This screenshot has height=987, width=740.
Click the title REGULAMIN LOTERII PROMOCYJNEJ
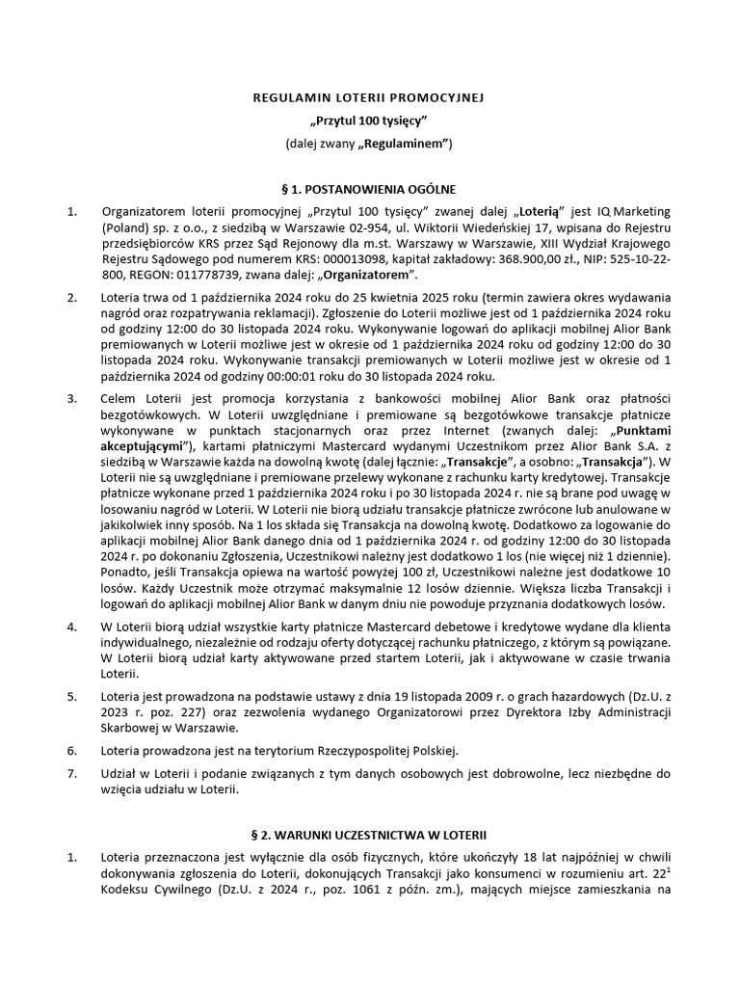369,97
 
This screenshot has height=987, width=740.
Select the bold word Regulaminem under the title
406,144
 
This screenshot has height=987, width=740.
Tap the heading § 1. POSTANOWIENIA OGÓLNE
369,189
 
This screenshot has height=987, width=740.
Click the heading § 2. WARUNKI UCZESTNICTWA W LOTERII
369,831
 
